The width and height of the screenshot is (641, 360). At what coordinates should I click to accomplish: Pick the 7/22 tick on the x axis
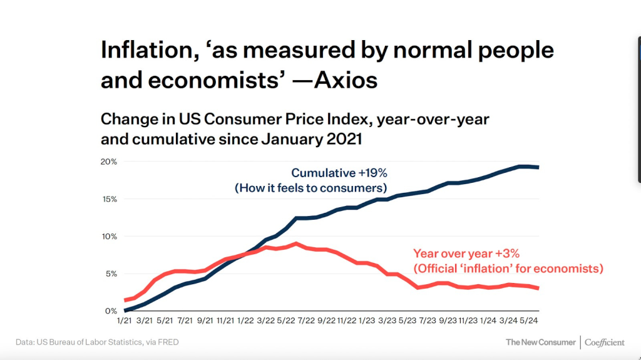[305, 321]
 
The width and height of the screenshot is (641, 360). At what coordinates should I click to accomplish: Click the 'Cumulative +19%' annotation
[339, 173]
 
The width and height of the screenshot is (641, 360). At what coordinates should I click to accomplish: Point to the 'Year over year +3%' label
[466, 254]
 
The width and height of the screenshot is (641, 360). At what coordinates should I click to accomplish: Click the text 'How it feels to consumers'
[311, 188]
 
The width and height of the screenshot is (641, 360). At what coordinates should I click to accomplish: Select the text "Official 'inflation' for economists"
[508, 269]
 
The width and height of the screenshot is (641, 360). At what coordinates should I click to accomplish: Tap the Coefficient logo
[605, 342]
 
